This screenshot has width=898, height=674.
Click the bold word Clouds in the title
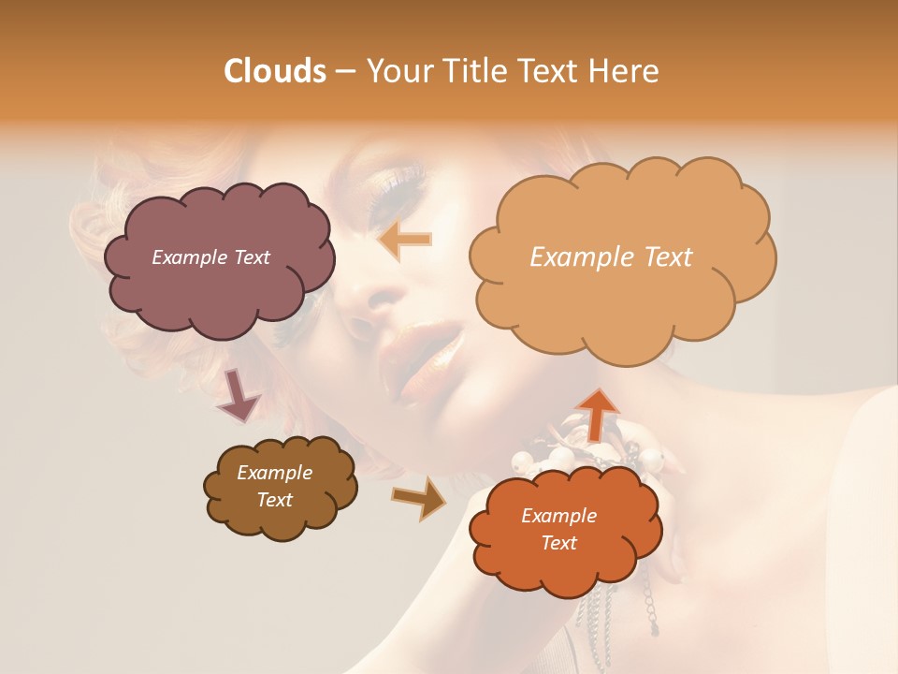click(x=275, y=71)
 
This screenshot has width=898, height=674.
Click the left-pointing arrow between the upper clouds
click(x=404, y=241)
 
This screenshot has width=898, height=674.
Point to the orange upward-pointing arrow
click(x=597, y=413)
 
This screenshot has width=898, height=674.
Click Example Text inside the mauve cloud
click(x=210, y=257)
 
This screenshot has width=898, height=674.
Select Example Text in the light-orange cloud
click(x=611, y=257)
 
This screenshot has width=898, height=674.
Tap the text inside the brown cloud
click(x=275, y=486)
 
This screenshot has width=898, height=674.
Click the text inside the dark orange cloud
click(x=558, y=529)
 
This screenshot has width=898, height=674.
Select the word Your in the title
click(x=397, y=71)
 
